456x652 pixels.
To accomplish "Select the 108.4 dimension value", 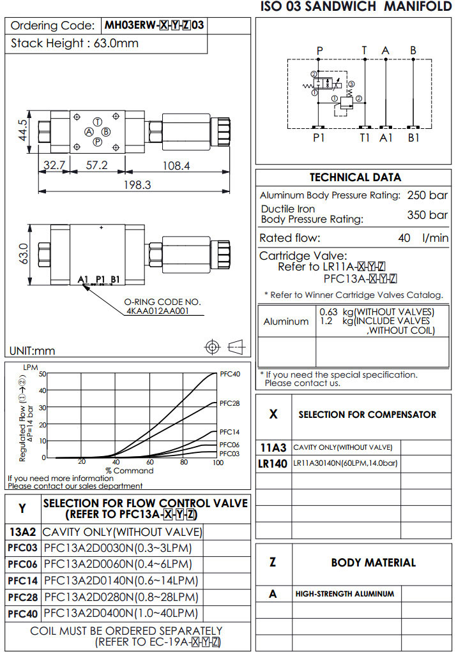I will pyautogui.click(x=176, y=165).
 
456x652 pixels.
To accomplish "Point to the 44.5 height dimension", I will pyautogui.click(x=23, y=130).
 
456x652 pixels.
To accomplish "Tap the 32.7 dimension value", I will pyautogui.click(x=54, y=165).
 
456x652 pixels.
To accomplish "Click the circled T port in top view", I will pyautogui.click(x=97, y=121).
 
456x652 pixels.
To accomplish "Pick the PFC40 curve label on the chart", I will pyautogui.click(x=230, y=374).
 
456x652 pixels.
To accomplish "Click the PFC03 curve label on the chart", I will pyautogui.click(x=230, y=453).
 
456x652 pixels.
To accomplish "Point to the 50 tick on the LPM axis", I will pyautogui.click(x=43, y=374).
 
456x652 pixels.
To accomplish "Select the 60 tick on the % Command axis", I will pyautogui.click(x=149, y=462).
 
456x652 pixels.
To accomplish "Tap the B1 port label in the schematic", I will pyautogui.click(x=414, y=137).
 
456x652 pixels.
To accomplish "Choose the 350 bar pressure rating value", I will pyautogui.click(x=427, y=215).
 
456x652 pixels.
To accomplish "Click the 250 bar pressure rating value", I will pyautogui.click(x=427, y=195).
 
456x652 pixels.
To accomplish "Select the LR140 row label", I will pyautogui.click(x=273, y=464).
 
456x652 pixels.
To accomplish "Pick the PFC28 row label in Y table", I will pyautogui.click(x=23, y=597).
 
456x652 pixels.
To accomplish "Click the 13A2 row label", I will pyautogui.click(x=23, y=531).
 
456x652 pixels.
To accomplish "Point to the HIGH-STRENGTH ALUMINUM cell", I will pyautogui.click(x=344, y=593).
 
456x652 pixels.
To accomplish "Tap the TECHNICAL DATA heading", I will pyautogui.click(x=355, y=177).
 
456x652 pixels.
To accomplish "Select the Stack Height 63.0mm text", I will pyautogui.click(x=75, y=44).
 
